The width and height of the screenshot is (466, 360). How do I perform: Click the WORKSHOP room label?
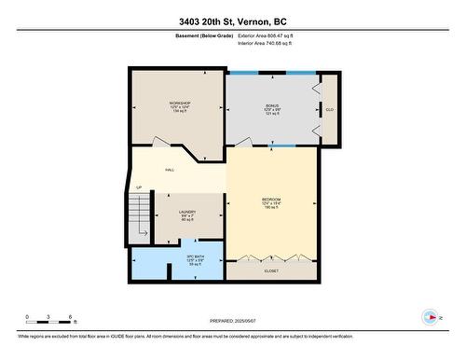[x=179, y=103]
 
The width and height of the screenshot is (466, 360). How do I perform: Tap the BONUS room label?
[x=272, y=106]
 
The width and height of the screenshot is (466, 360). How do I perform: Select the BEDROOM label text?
[x=271, y=201]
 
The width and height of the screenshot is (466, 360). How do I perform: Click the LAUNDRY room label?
[x=187, y=213]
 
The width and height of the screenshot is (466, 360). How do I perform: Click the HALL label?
[x=170, y=170]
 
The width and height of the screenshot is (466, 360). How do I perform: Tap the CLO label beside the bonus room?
[x=329, y=110]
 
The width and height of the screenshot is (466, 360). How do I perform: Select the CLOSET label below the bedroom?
[x=271, y=270]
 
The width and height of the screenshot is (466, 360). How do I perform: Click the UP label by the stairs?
[x=139, y=187]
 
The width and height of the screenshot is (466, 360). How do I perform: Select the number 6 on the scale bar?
[x=73, y=316]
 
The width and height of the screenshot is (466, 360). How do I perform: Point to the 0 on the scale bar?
[x=27, y=316]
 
